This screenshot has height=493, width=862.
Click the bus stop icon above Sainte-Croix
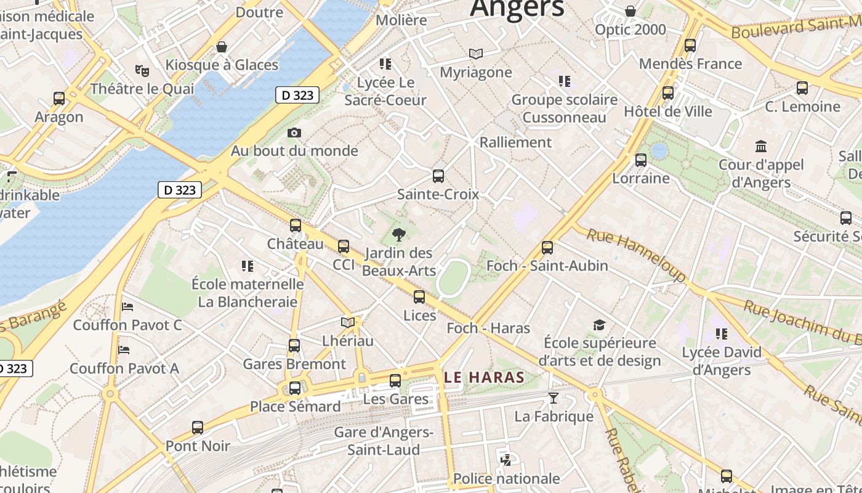pos(438,176)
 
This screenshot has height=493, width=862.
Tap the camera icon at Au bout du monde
pos(294,132)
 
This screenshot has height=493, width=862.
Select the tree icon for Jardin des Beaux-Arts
pos(399,234)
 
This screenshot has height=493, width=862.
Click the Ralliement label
pos(515,142)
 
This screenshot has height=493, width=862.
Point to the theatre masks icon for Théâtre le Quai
pos(142,71)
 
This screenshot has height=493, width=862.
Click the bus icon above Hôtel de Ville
pos(668,93)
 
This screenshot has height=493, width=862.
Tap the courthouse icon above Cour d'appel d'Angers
pos(761,147)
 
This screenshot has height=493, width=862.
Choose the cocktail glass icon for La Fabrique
pos(553,398)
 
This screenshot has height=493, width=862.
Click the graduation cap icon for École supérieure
pos(599,325)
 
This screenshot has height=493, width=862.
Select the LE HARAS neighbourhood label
pos(484,377)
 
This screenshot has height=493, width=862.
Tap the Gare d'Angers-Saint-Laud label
pos(384,441)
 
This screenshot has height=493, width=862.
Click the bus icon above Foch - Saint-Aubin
pos(547,248)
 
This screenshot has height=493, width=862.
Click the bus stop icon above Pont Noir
pos(198,427)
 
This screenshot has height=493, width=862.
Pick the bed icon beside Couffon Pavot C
pos(127,306)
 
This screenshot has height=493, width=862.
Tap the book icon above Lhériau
pos(348,322)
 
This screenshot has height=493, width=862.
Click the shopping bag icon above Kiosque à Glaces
pos(222,47)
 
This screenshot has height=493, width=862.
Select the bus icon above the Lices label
pos(419,297)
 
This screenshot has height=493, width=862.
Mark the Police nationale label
pos(507,478)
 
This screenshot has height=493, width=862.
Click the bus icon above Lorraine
pos(641,160)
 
